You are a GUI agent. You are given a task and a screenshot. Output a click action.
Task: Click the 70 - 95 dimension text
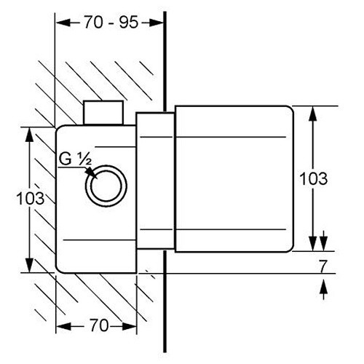(111, 23)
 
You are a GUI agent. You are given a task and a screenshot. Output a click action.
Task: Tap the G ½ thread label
(75, 159)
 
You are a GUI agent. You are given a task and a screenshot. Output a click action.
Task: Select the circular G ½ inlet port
(106, 186)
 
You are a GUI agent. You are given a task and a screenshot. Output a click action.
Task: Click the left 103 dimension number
(31, 198)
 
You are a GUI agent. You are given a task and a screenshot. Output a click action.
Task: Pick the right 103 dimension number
(314, 178)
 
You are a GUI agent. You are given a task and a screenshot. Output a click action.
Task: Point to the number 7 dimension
(323, 266)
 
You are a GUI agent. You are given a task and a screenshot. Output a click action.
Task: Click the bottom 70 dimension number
(99, 325)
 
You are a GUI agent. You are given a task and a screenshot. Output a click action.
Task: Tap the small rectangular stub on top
(103, 113)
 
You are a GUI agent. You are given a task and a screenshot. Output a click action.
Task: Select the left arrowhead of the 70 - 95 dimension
(63, 23)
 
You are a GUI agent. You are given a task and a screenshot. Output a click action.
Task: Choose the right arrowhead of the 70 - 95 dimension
(157, 23)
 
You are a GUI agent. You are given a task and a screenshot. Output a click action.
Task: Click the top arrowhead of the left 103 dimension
(29, 135)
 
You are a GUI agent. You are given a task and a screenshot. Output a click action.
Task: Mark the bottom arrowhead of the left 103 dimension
(29, 265)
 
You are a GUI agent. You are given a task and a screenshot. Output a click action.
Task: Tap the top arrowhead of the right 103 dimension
(313, 114)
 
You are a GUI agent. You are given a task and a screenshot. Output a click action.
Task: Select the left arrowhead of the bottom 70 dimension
(63, 326)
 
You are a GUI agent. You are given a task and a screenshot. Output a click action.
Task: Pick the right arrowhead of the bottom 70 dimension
(129, 326)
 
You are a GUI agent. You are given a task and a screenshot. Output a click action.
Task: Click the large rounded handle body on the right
(234, 179)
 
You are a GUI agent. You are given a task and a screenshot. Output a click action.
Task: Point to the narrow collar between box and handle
(155, 181)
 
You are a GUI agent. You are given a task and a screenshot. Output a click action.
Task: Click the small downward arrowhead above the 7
(323, 243)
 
